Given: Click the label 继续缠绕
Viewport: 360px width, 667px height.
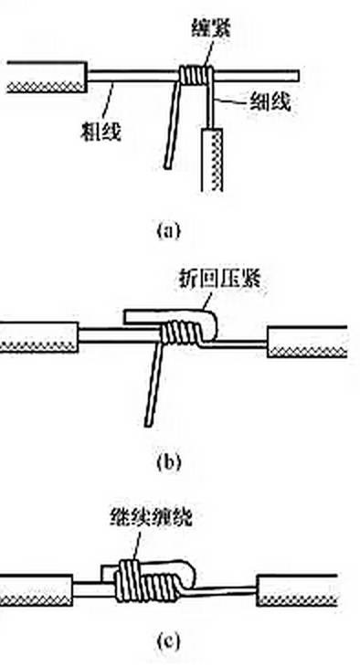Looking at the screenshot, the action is click(150, 519).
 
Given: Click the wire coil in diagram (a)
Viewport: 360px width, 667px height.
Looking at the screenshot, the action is click(195, 75).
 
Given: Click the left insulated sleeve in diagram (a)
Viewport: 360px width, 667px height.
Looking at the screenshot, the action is click(47, 77).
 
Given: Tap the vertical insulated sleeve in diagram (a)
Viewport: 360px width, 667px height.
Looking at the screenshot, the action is click(211, 160).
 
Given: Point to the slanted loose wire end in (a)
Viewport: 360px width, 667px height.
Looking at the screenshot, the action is click(174, 125).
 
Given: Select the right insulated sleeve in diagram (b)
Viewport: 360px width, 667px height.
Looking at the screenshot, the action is click(307, 342).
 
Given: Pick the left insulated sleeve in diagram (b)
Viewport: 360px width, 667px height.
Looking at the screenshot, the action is click(39, 337).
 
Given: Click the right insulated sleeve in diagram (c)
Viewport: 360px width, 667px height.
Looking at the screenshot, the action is click(297, 590).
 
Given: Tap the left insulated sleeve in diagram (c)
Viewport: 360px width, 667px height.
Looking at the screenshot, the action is click(37, 590).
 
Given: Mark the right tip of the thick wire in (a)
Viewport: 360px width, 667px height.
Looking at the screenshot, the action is click(298, 76).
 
